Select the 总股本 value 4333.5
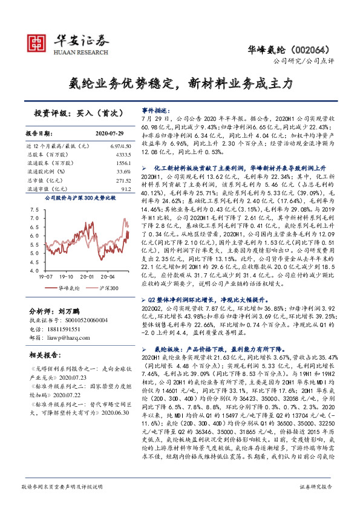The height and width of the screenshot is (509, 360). [x=123, y=155]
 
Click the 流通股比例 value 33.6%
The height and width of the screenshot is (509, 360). [x=123, y=172]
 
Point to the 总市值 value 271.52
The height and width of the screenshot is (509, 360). [x=122, y=180]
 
